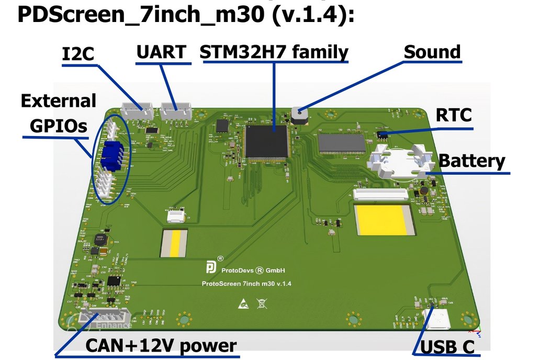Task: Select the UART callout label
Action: coord(161,52)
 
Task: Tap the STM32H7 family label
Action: coord(274,52)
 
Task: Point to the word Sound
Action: coord(432,52)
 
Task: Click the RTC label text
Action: coord(454,115)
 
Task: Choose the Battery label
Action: coord(472,161)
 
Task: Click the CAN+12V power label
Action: coord(161,346)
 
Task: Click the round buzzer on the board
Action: coord(299,115)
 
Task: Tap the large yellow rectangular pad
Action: coord(384,219)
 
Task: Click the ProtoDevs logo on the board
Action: coord(210,268)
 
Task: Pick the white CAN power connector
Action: coord(103,318)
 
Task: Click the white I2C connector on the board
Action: coord(137,110)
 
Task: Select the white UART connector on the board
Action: coord(176,110)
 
